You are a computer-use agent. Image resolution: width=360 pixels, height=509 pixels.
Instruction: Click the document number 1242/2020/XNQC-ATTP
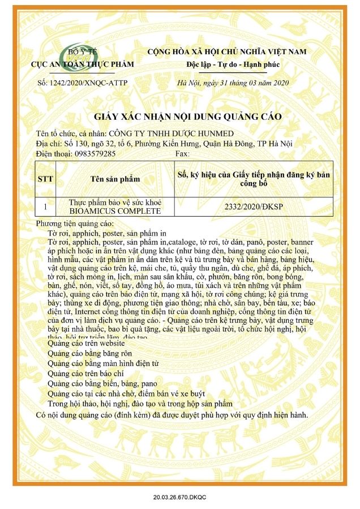[83, 83]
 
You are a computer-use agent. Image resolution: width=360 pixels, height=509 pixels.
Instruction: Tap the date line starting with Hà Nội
[233, 83]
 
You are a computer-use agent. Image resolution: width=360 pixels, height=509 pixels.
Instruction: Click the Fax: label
[183, 153]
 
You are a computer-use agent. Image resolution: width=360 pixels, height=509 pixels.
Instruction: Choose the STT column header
[45, 179]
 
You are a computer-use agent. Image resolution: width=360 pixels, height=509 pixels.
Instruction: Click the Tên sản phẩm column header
[115, 179]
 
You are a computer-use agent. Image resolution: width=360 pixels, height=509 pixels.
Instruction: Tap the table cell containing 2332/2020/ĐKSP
[254, 206]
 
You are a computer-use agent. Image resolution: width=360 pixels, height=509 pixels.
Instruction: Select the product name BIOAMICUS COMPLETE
[115, 211]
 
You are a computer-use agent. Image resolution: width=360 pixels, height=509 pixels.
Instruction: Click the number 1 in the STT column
[45, 206]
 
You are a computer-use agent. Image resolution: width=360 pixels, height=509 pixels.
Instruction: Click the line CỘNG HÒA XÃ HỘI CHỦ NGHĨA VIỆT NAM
[226, 51]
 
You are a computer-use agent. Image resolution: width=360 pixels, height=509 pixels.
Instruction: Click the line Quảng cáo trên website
[86, 343]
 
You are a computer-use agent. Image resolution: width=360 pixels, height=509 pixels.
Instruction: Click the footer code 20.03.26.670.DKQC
[179, 497]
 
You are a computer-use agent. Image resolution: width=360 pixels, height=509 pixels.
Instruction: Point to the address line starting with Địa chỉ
[164, 144]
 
